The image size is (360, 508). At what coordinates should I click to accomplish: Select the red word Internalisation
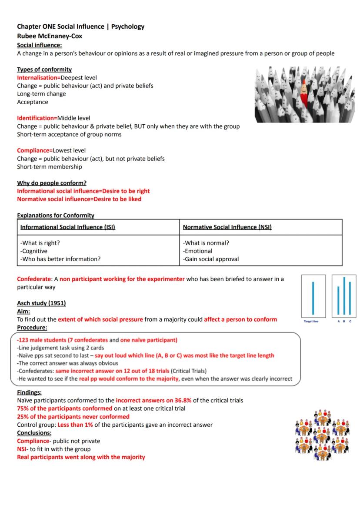pyautogui.click(x=38, y=78)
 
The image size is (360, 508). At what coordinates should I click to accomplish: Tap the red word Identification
pyautogui.click(x=37, y=118)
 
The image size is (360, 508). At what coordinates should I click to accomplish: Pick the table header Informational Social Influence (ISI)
pyautogui.click(x=68, y=227)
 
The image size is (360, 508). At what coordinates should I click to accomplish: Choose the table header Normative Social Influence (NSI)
pyautogui.click(x=227, y=227)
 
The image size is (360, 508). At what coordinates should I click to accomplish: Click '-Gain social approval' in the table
pyautogui.click(x=211, y=259)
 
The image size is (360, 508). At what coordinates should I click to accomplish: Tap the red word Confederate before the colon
pyautogui.click(x=34, y=279)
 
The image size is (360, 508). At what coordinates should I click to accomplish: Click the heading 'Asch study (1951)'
pyautogui.click(x=41, y=303)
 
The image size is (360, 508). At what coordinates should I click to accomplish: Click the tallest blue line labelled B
pyautogui.click(x=344, y=296)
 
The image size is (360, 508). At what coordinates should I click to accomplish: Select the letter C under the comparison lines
pyautogui.click(x=350, y=321)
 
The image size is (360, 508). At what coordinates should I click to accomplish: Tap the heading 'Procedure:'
pyautogui.click(x=32, y=327)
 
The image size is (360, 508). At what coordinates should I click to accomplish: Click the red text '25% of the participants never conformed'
pyautogui.click(x=73, y=417)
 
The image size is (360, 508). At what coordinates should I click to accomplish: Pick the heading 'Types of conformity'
pyautogui.click(x=44, y=70)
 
